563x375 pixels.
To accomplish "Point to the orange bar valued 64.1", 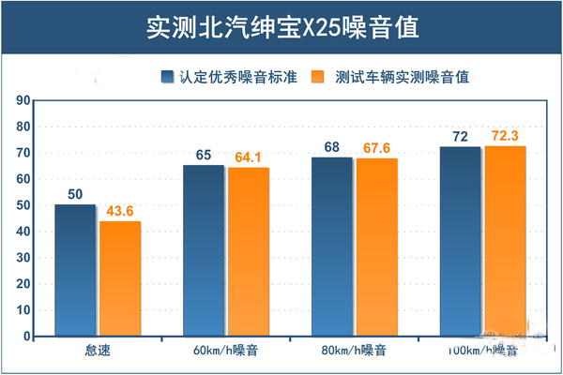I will pyautogui.click(x=248, y=251).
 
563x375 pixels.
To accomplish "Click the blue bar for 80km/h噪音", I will pyautogui.click(x=331, y=247).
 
